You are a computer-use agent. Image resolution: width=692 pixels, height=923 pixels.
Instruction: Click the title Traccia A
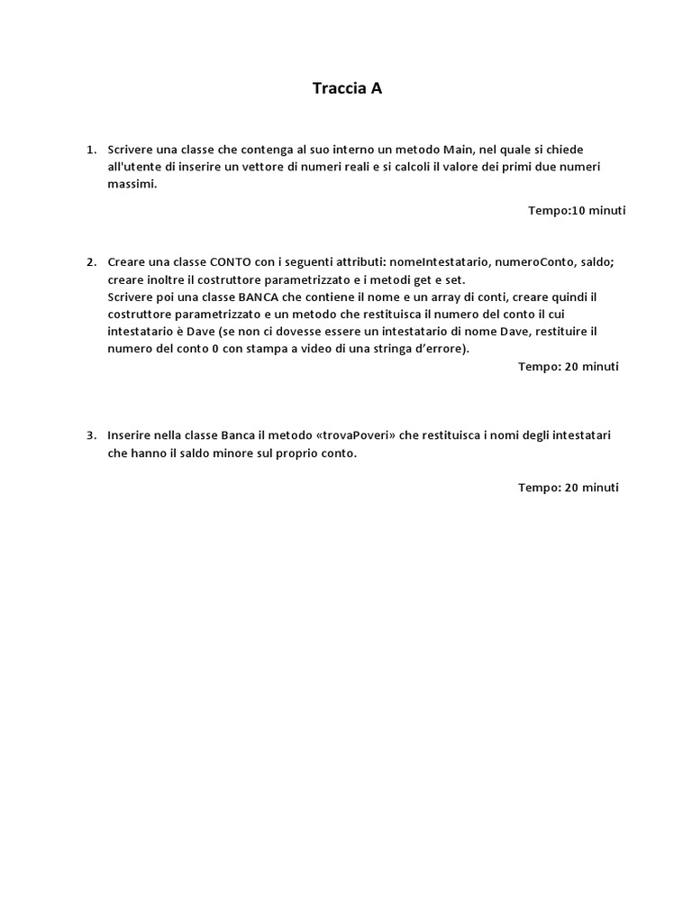pyautogui.click(x=347, y=88)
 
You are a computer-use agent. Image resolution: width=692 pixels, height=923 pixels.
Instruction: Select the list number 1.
pyautogui.click(x=90, y=150)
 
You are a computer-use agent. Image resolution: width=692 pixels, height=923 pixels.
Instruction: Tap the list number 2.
pyautogui.click(x=90, y=262)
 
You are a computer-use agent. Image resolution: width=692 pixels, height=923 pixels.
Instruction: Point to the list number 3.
pyautogui.click(x=90, y=436)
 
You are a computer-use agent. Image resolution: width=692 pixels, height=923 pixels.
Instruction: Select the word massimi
pyautogui.click(x=132, y=184)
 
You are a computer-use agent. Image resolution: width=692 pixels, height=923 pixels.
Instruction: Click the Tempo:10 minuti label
pyautogui.click(x=577, y=211)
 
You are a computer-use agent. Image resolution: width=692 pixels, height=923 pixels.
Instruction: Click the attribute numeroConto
pyautogui.click(x=535, y=262)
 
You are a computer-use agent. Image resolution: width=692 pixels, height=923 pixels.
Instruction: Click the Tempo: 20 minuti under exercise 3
pyautogui.click(x=568, y=488)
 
